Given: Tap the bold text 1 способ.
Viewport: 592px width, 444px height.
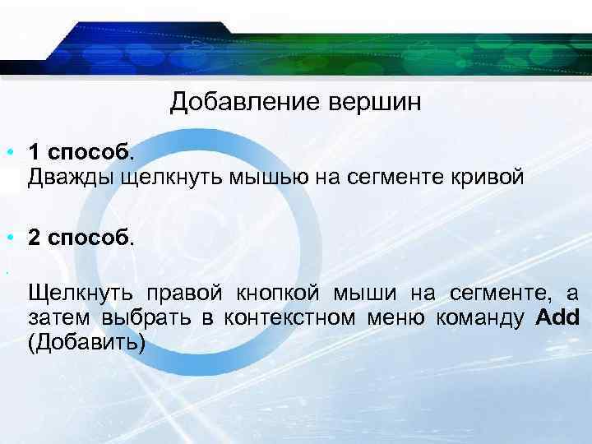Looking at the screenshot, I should point(79,152).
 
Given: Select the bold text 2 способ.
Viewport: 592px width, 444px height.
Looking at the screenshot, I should point(79,238).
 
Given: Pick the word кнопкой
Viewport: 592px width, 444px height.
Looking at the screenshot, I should point(275,294).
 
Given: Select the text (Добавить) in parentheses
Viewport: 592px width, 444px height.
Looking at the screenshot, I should point(86,341).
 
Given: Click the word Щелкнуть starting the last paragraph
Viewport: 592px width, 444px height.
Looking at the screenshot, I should point(81,294).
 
